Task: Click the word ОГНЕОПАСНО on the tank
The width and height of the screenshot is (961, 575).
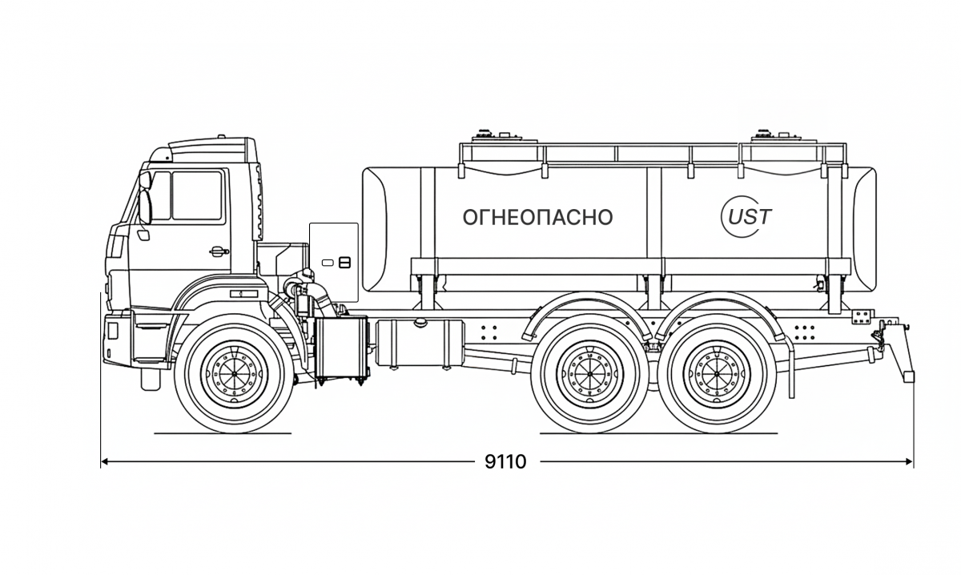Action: [537, 217]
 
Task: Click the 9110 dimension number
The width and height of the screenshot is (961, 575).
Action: [506, 462]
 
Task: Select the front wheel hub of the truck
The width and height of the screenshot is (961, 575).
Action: [231, 371]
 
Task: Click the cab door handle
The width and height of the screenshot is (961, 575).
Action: [218, 251]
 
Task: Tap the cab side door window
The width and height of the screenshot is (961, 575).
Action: [195, 196]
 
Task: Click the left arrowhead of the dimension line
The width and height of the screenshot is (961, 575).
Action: [104, 462]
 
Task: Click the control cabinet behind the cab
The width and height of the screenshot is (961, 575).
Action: [334, 256]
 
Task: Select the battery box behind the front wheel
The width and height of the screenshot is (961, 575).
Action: [341, 348]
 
